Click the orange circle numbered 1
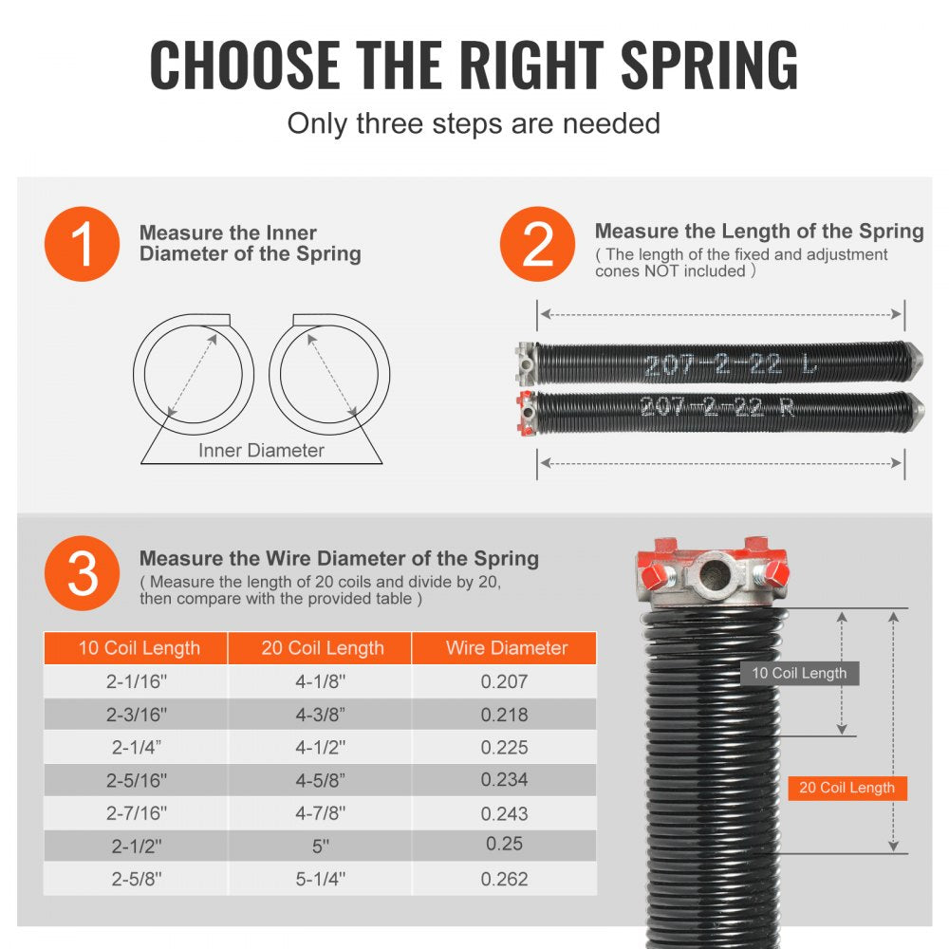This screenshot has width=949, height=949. coord(82,244)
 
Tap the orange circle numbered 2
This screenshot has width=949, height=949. coord(537,244)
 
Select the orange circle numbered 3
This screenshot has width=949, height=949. coord(82,572)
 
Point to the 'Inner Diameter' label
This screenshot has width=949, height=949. coord(261,451)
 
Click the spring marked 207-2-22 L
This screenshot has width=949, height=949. coord(721,364)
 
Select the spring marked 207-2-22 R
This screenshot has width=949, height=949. coord(721,408)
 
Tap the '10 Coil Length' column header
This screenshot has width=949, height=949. coord(139,648)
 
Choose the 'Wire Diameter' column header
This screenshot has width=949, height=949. coord(506,648)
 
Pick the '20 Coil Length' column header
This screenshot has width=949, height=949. coord(323,648)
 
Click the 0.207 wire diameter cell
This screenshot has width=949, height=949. coord(504,681)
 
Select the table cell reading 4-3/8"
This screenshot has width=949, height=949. coord(323,715)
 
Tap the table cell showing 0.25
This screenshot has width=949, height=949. coord(504,844)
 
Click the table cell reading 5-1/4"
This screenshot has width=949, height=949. coord(323,879)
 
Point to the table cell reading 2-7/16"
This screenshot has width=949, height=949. coord(139,813)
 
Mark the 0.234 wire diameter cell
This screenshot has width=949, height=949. coord(504,779)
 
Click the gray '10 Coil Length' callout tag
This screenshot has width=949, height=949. coord(799,674)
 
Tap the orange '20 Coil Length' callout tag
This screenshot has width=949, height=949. coord(847,788)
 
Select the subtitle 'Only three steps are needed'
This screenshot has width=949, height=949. coord(474,123)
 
